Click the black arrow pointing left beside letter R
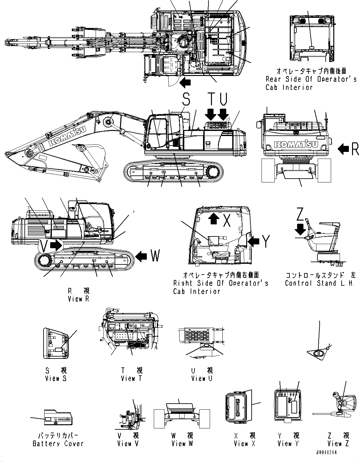click(x=344, y=149)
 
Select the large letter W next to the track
click(x=154, y=256)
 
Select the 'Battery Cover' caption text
click(x=58, y=443)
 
